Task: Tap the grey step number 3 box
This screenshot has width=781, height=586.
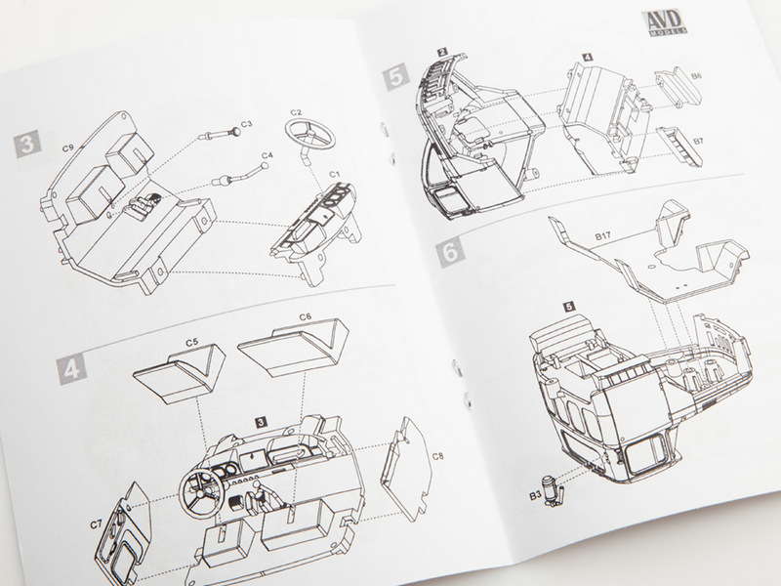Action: [27, 144]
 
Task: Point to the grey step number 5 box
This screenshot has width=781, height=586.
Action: [396, 79]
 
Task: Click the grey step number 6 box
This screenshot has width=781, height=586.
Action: [450, 252]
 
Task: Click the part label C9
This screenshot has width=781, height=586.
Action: [68, 148]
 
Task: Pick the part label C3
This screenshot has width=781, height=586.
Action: [247, 124]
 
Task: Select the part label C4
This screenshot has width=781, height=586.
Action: [267, 155]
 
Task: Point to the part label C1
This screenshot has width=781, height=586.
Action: [335, 174]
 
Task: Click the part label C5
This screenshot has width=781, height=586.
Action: [191, 343]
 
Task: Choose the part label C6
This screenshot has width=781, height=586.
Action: [306, 316]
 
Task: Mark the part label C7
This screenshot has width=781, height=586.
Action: [96, 524]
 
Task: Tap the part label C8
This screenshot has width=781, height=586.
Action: [437, 456]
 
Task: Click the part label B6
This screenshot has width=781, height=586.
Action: [696, 76]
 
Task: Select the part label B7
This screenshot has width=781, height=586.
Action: [698, 141]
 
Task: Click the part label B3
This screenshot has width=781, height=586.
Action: [535, 496]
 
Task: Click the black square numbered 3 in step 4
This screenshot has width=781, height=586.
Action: [261, 423]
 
